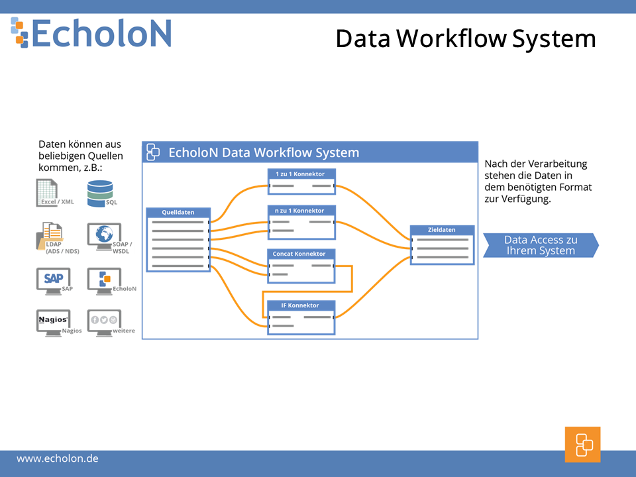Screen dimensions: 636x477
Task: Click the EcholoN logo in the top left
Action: click(91, 33)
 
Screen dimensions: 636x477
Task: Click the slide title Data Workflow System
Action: click(466, 39)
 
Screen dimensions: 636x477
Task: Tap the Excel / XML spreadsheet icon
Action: click(46, 192)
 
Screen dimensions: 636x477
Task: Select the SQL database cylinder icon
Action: click(100, 193)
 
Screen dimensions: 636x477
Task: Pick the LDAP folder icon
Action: click(50, 236)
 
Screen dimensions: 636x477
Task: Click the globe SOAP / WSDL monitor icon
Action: click(104, 237)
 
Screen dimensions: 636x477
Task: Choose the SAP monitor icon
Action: click(54, 281)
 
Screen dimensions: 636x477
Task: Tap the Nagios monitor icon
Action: click(54, 323)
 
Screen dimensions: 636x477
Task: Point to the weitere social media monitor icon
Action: click(104, 323)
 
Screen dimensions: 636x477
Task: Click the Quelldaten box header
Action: click(178, 212)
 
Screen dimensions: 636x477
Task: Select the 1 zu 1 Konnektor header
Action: click(301, 174)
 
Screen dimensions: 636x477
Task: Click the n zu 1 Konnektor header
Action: click(301, 211)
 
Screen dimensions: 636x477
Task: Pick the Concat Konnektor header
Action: click(301, 254)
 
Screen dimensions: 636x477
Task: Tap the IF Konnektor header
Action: click(301, 305)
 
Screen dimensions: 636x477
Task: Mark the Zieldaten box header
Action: click(442, 230)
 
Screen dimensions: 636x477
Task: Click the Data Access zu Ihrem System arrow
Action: click(541, 245)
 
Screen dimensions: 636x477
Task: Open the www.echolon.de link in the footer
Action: click(58, 458)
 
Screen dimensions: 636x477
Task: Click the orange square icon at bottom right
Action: click(582, 445)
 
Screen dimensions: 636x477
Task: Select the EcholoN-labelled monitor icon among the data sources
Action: click(104, 281)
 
